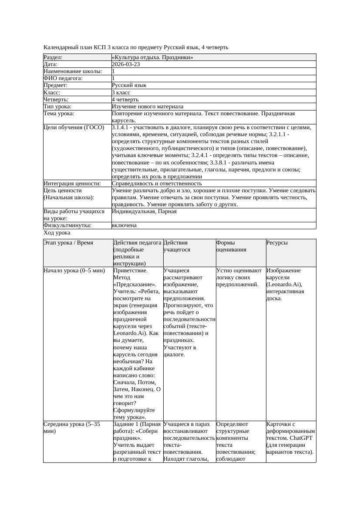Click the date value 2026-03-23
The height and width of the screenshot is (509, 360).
126,64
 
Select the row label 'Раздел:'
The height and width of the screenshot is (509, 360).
53,57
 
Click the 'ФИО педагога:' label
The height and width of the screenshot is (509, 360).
63,78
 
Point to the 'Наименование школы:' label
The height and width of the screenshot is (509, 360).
73,71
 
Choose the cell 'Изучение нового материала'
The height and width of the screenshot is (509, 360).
148,107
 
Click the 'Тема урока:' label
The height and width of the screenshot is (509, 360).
59,114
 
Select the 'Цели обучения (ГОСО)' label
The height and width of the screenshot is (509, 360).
74,128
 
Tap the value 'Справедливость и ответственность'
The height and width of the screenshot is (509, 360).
157,184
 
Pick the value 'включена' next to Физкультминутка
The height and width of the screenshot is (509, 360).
124,225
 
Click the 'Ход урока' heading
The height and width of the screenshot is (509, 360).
57,233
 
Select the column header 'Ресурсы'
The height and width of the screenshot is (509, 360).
277,243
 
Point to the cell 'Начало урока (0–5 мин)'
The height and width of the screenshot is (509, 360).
74,271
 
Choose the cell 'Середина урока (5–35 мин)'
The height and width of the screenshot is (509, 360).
74,427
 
